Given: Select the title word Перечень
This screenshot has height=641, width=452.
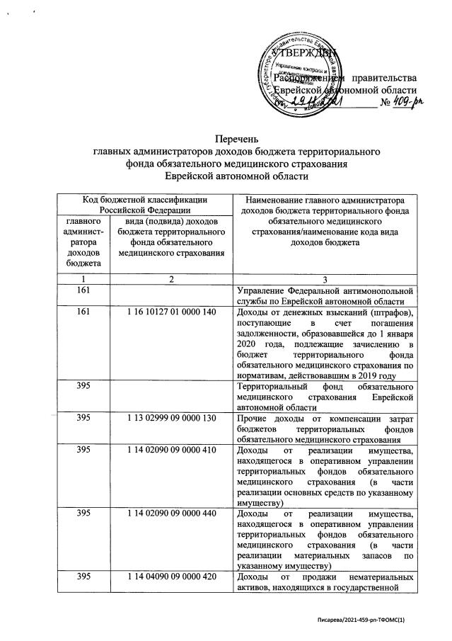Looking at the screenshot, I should [238, 139].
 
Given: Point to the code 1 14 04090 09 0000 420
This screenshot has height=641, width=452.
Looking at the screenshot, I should [170, 577].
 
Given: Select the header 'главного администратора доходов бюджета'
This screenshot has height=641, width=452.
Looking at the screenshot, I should [83, 243].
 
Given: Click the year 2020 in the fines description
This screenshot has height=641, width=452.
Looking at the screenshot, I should [249, 344].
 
